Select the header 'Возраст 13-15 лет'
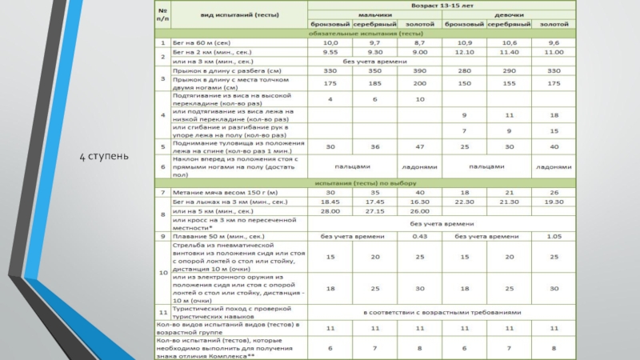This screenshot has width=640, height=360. point(442,5)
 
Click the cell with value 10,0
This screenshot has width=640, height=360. point(330,42)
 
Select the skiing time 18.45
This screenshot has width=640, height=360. point(330,202)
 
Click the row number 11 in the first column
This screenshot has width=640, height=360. point(162,312)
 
